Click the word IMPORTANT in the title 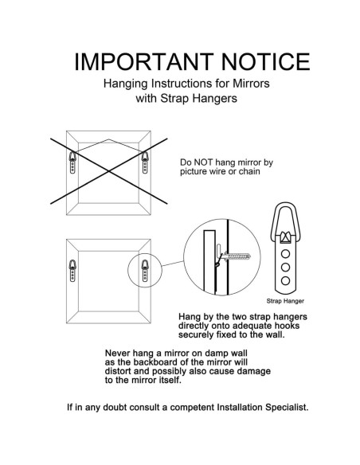click(144, 61)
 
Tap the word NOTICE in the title click(266, 61)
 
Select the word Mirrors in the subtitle click(251, 84)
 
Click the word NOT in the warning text click(203, 162)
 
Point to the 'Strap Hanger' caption click(285, 301)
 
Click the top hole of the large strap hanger click(285, 254)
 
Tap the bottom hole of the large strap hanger click(285, 280)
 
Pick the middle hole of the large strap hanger click(285, 268)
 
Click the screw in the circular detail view click(237, 256)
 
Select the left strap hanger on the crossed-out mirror click(72, 162)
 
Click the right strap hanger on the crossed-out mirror click(145, 162)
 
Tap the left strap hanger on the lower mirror click(72, 271)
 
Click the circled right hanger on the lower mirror click(145, 271)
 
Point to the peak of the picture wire click(108, 139)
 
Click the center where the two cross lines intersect click(109, 171)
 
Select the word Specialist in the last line click(287, 407)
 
